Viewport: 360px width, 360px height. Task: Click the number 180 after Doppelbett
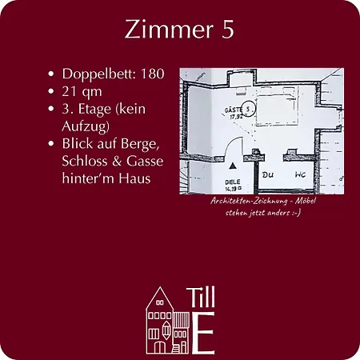[x=152, y=74]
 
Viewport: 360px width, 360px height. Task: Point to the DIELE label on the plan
[x=230, y=181]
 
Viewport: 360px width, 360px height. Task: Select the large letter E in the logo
[x=204, y=333]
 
